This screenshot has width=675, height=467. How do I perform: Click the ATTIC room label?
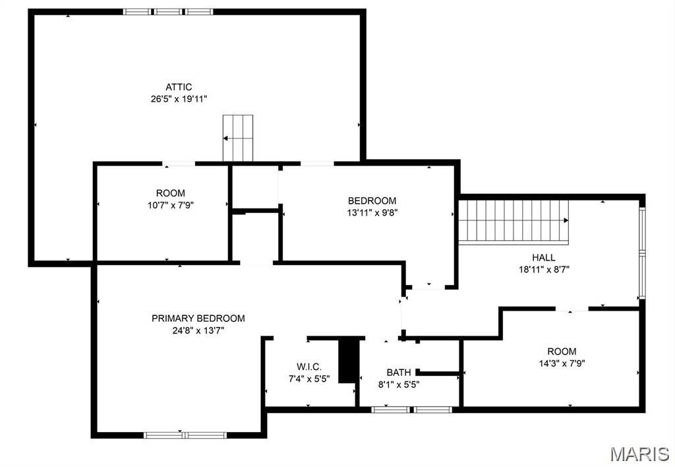click(179, 87)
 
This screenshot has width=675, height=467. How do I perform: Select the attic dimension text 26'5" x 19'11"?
click(179, 99)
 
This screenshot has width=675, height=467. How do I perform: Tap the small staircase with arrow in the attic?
click(238, 138)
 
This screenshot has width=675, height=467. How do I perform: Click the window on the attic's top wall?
click(168, 11)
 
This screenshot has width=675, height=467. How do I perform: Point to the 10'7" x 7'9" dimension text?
click(170, 204)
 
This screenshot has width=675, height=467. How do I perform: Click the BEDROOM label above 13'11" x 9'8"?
click(372, 201)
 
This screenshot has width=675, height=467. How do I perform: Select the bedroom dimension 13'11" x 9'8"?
click(372, 212)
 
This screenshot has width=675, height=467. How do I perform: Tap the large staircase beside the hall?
click(514, 222)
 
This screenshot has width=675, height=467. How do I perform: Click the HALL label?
click(544, 257)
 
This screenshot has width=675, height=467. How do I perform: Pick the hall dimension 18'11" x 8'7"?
click(544, 269)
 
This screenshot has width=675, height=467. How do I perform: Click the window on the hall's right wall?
click(641, 253)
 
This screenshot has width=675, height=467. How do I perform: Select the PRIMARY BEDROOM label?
click(198, 318)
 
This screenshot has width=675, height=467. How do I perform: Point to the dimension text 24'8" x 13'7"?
click(198, 330)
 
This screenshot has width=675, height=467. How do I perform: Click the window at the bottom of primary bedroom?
click(185, 435)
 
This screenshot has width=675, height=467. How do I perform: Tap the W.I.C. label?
click(309, 367)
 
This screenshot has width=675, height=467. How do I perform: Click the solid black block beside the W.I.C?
click(347, 360)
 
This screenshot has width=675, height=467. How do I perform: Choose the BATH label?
click(399, 372)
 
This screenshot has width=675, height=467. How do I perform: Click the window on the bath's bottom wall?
click(411, 410)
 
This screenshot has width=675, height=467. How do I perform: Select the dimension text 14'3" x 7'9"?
click(561, 363)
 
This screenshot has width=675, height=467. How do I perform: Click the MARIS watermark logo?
click(639, 453)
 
